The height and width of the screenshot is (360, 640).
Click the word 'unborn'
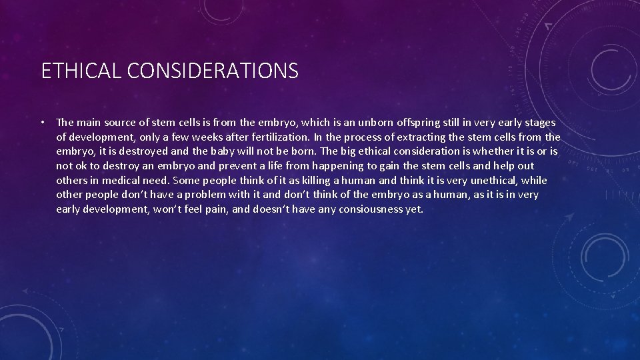point(379,123)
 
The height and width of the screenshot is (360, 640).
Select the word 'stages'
point(539,123)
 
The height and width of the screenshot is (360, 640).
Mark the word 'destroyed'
point(131,151)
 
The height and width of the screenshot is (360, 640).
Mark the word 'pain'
point(185,209)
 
